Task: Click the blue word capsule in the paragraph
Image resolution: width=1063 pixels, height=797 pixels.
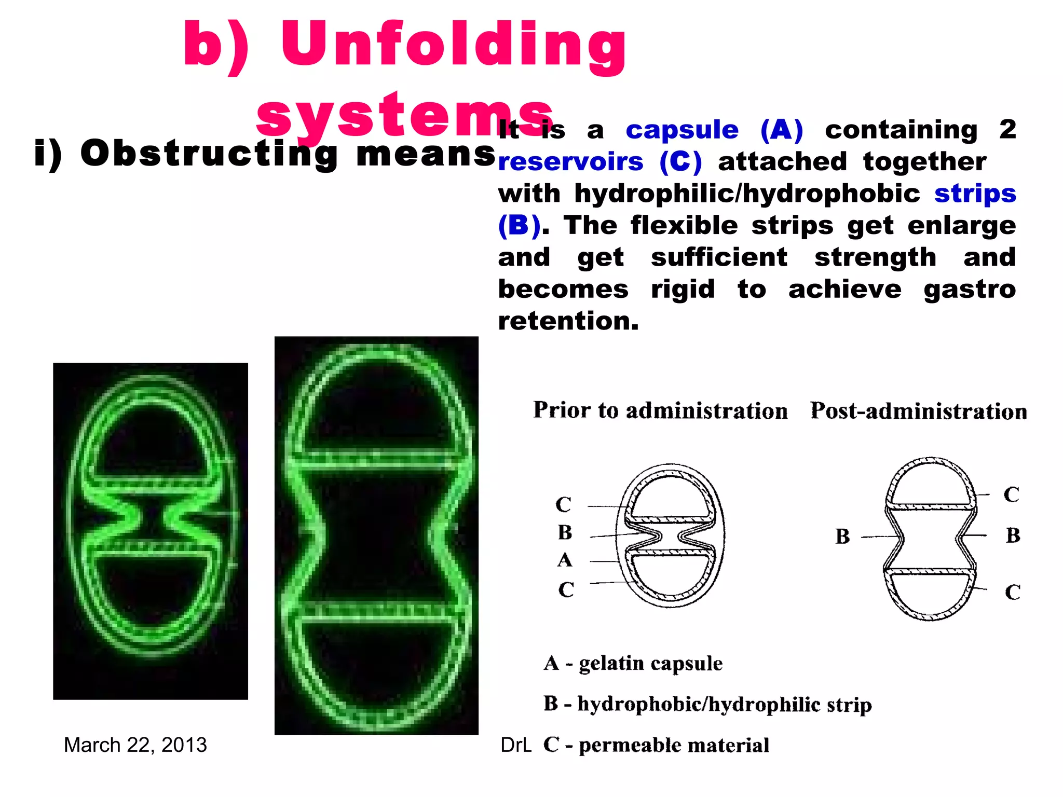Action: click(x=682, y=130)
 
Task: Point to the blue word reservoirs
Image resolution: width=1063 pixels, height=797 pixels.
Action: click(x=570, y=162)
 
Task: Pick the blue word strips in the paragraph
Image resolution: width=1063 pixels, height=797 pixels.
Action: click(x=975, y=194)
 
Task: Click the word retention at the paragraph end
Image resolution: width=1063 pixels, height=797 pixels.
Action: click(x=568, y=321)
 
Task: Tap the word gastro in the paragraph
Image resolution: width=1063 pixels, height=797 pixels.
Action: click(x=969, y=289)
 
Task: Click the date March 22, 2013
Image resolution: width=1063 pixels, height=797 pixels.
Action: click(x=135, y=745)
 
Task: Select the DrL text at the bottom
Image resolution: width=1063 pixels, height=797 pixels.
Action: click(x=515, y=745)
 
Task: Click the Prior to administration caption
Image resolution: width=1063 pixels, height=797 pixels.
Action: click(x=660, y=410)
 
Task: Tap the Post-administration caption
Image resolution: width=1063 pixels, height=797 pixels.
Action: click(x=918, y=411)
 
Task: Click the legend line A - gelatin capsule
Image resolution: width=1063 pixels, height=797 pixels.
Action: click(x=633, y=663)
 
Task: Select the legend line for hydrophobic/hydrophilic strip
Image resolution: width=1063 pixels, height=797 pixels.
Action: click(x=707, y=704)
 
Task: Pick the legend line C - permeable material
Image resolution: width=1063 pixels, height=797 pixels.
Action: click(x=656, y=745)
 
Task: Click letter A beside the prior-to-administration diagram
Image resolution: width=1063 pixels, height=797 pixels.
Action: click(x=565, y=560)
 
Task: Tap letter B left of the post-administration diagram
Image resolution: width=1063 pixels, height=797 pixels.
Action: click(x=842, y=537)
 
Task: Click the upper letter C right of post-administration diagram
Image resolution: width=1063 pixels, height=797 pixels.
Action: click(x=1011, y=494)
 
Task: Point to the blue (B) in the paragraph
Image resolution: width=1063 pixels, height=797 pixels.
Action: click(x=519, y=226)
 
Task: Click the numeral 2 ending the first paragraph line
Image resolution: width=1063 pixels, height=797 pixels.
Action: click(x=1007, y=129)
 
